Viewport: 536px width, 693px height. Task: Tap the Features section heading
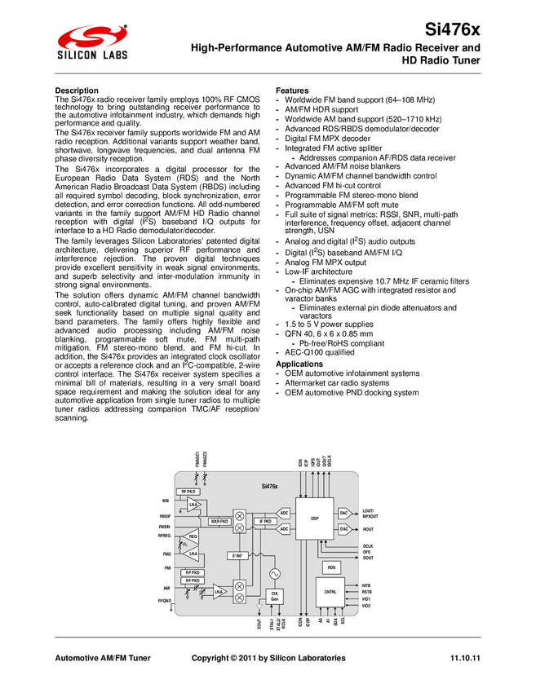pos(293,90)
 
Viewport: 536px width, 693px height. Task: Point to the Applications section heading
pos(300,364)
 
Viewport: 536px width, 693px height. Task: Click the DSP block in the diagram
pos(315,518)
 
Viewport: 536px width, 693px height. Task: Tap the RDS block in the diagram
pos(331,567)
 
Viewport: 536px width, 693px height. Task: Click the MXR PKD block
pos(219,520)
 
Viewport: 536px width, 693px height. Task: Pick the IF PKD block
pos(265,520)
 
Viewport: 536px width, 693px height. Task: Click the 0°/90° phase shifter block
pos(239,555)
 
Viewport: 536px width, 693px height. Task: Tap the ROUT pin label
pos(368,529)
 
